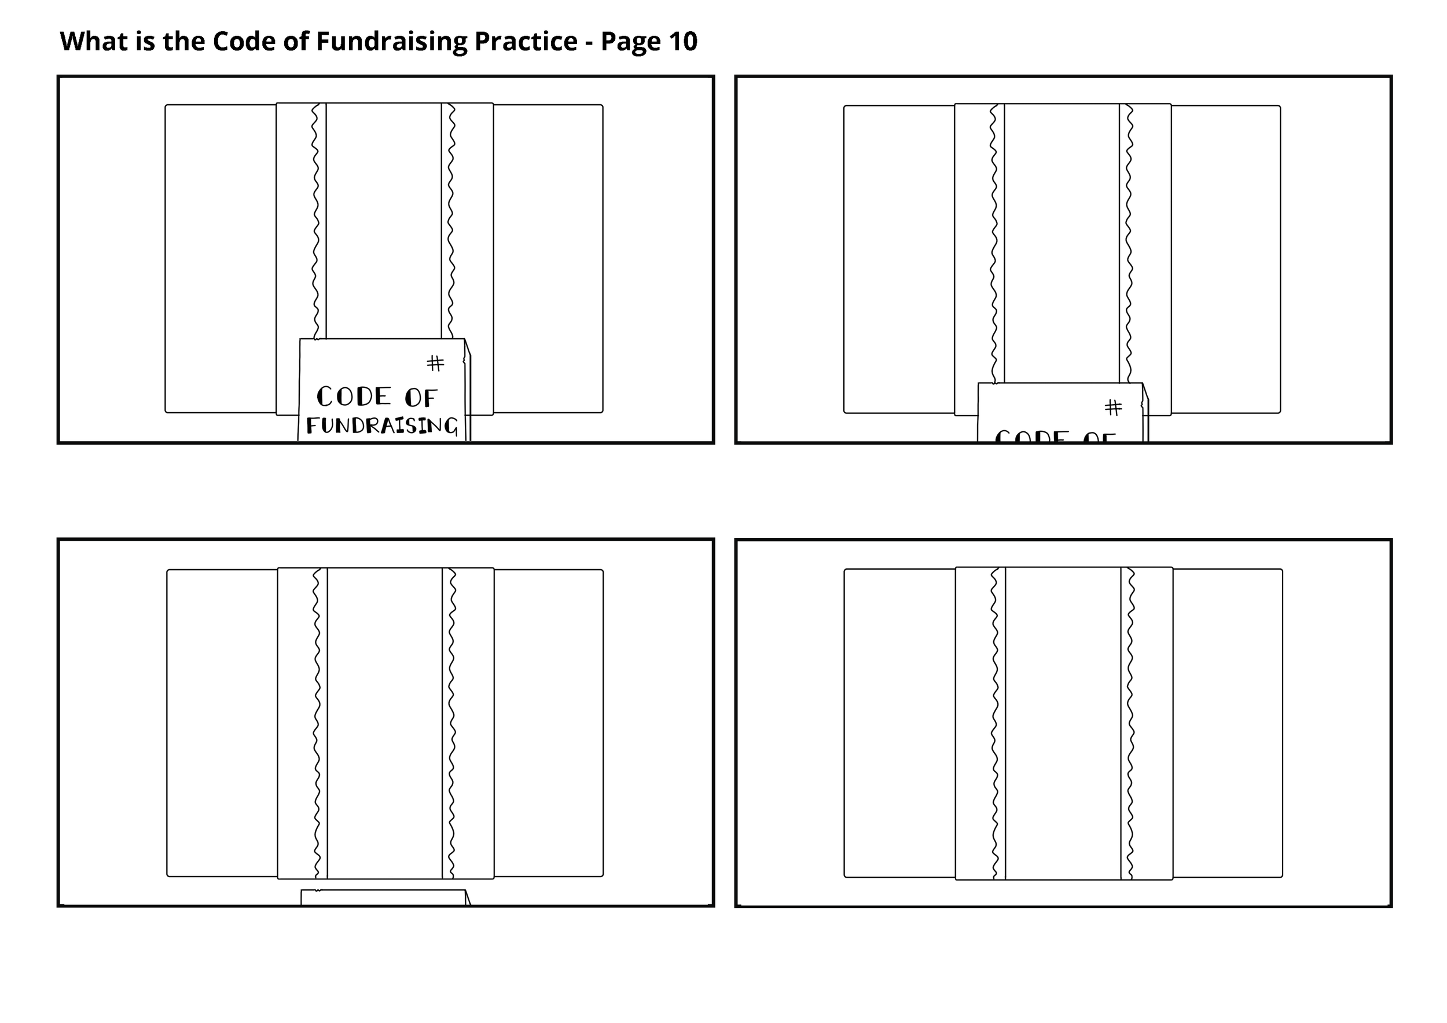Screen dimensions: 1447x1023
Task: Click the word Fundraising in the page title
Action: [x=390, y=42]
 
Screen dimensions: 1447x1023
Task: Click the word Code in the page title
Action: [x=240, y=42]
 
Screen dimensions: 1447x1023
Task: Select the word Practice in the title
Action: [x=526, y=42]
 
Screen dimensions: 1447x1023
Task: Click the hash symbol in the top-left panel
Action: [x=435, y=363]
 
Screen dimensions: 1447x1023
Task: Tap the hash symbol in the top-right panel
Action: [x=1113, y=408]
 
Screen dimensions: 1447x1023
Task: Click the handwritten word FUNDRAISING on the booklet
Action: [x=382, y=426]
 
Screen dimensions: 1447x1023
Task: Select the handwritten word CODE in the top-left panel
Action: [x=354, y=397]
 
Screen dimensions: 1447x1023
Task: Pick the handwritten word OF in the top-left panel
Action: [x=420, y=398]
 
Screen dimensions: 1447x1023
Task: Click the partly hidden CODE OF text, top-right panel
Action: [x=1055, y=435]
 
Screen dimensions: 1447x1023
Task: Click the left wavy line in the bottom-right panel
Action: [x=994, y=725]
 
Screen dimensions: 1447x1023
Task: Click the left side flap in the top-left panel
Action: [x=221, y=258]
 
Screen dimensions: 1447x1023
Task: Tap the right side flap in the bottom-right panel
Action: [x=1227, y=723]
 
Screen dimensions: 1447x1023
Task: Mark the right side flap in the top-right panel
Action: [x=1225, y=259]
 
